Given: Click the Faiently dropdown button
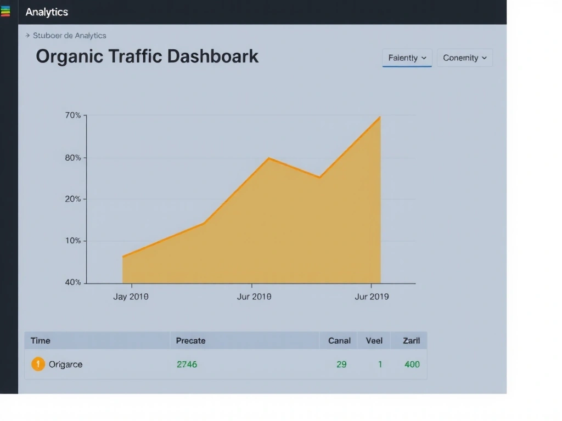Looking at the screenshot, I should (407, 58).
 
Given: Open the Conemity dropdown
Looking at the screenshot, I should (464, 58).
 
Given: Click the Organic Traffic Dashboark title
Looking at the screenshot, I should (147, 56).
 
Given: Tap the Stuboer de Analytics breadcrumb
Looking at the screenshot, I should (69, 36).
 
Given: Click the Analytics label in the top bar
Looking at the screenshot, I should (47, 12).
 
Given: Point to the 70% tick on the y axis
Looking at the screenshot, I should (73, 116).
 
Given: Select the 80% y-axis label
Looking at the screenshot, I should (73, 158).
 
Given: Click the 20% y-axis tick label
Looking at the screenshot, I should (73, 199).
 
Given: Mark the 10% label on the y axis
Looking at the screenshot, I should (73, 241).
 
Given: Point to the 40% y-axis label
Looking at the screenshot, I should (73, 282).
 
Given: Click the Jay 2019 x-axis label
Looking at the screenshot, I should (131, 297).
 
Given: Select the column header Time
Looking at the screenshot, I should (41, 340).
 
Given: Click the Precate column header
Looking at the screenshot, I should (190, 340).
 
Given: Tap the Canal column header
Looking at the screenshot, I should (339, 340).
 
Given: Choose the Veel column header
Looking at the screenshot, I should (374, 340).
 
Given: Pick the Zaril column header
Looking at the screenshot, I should (411, 340).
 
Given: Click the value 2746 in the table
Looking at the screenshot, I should (187, 364).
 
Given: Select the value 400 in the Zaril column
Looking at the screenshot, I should (412, 364).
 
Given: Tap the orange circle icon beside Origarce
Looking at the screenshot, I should (38, 364).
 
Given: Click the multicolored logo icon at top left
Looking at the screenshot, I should (5, 12).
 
